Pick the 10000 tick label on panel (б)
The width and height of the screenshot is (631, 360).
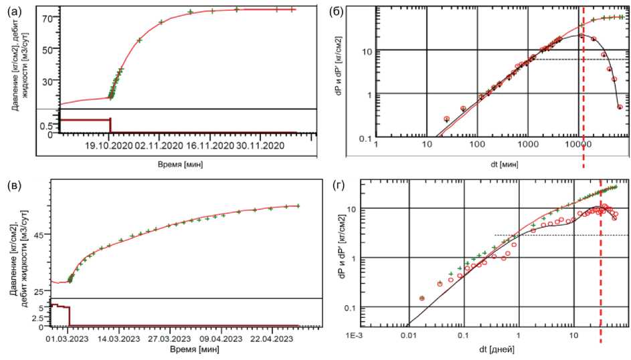577,145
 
